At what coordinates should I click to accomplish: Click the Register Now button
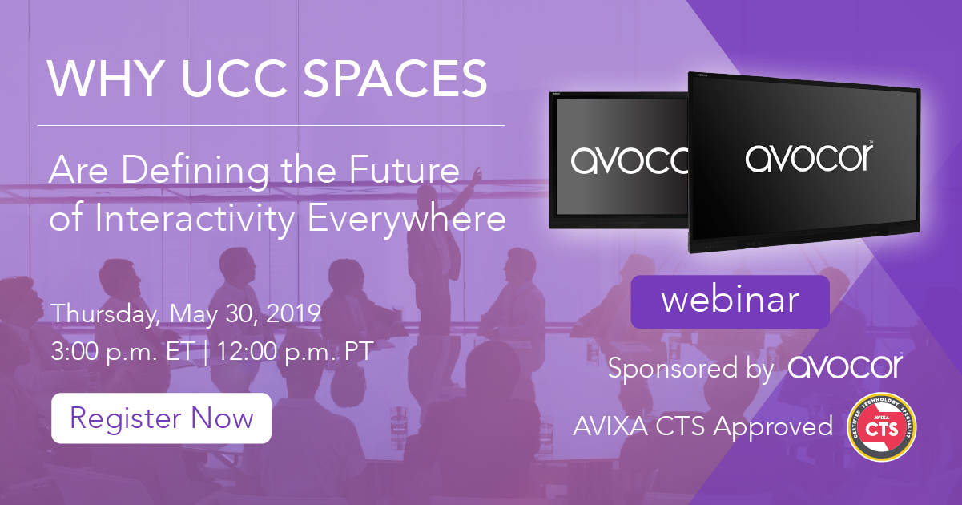click(x=161, y=418)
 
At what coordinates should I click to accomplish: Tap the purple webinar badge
click(x=730, y=301)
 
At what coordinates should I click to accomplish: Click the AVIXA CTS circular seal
click(x=881, y=427)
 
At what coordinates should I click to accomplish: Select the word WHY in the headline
click(x=106, y=79)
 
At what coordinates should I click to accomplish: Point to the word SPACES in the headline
click(x=395, y=79)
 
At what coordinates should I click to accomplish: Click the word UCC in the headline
click(x=234, y=79)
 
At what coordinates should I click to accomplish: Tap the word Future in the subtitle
click(x=405, y=170)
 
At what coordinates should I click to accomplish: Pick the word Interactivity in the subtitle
click(x=194, y=219)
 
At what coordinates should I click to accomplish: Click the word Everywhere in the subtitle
click(x=407, y=219)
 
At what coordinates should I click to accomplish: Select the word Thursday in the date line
click(x=105, y=313)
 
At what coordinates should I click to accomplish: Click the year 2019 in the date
click(x=294, y=313)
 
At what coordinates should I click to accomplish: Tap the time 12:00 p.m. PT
click(x=295, y=352)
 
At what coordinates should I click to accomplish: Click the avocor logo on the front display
click(x=809, y=158)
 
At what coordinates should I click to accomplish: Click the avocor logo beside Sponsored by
click(x=846, y=366)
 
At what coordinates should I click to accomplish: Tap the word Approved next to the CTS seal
click(x=773, y=426)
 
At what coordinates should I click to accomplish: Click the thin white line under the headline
click(x=271, y=126)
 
